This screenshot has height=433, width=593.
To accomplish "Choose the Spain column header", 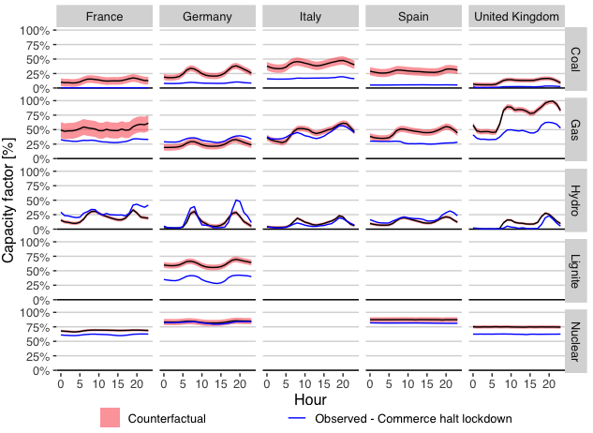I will [413, 16].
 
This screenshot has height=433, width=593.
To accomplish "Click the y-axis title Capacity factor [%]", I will [9, 199].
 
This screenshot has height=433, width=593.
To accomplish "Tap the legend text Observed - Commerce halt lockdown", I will [412, 418].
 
